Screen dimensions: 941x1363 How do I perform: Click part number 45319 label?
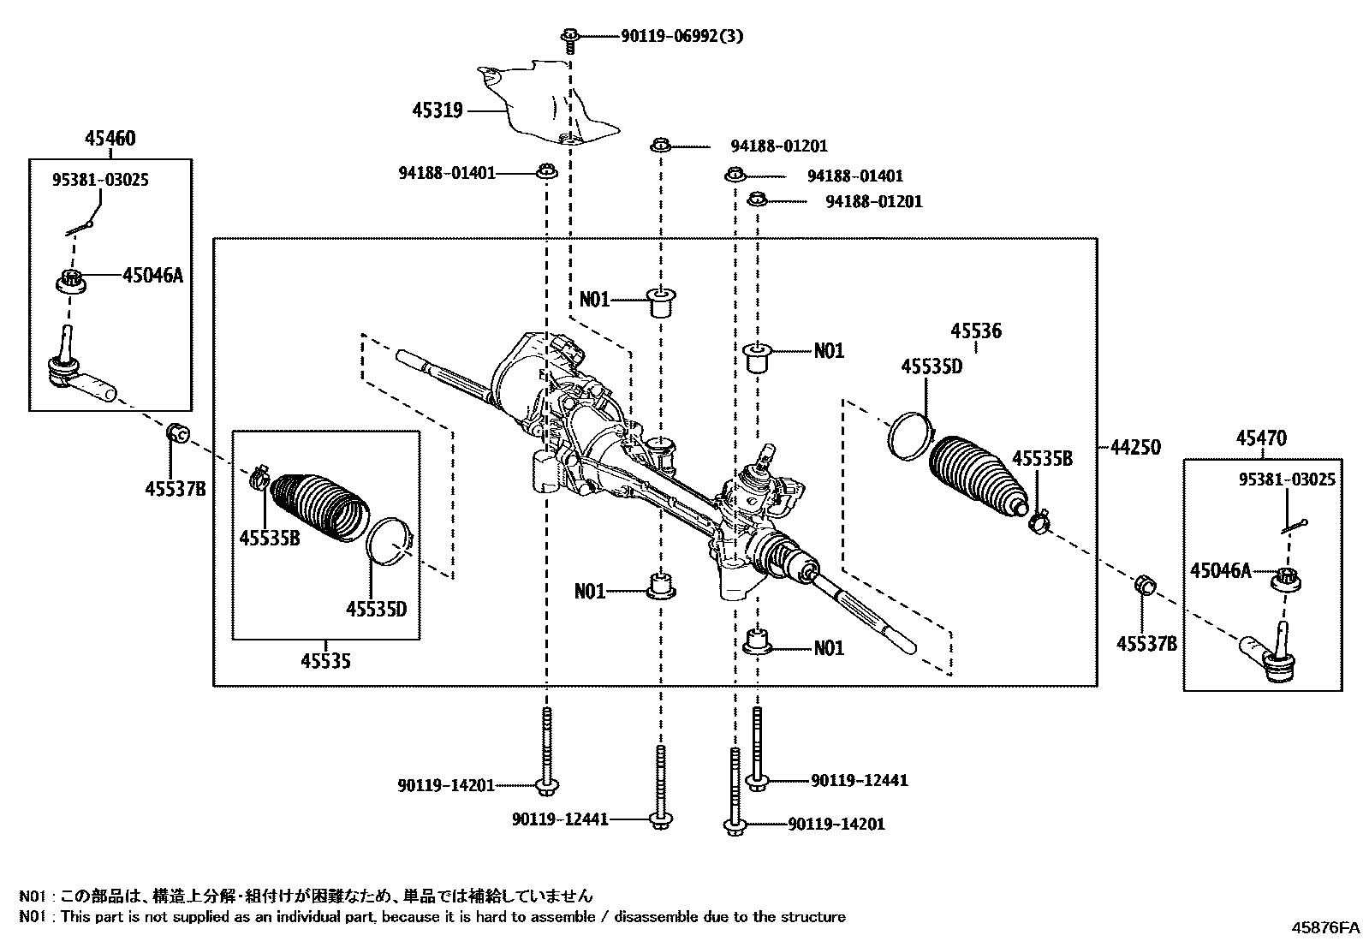click(x=437, y=110)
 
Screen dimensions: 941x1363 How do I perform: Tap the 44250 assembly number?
click(x=1135, y=447)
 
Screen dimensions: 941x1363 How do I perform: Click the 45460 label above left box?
click(x=110, y=139)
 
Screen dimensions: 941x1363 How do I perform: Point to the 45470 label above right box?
click(x=1260, y=438)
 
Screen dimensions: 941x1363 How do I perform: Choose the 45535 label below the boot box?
click(x=325, y=661)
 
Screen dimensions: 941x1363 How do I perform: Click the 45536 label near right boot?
click(x=976, y=331)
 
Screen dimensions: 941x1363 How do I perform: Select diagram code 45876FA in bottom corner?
click(x=1325, y=927)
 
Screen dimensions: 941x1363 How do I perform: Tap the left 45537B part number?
click(x=176, y=489)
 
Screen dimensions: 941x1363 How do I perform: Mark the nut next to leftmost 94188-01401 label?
click(x=546, y=173)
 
